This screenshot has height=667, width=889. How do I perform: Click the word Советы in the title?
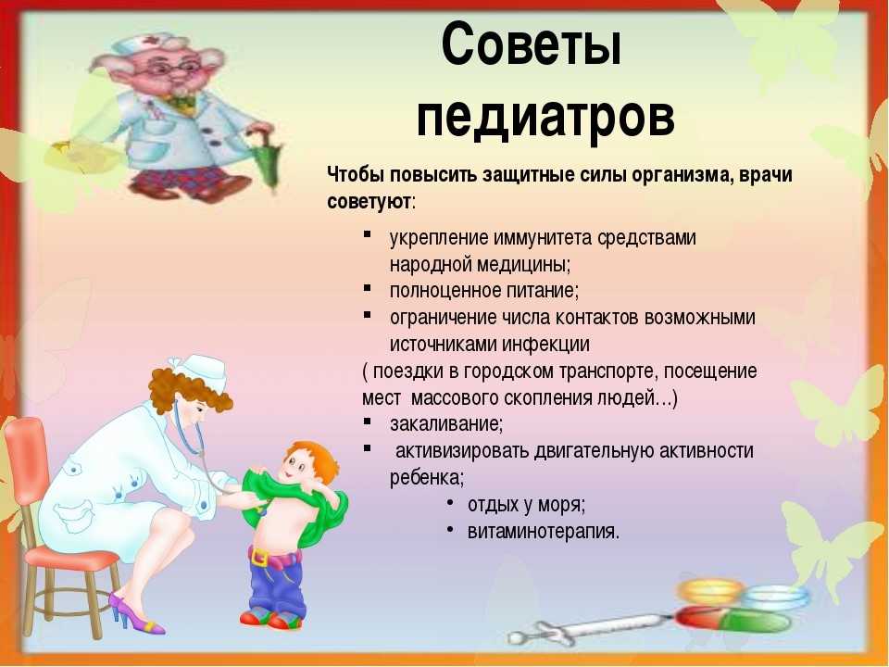pos(532,44)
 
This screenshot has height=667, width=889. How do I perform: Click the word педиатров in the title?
pos(545,117)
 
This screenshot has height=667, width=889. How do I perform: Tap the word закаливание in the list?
pos(445,424)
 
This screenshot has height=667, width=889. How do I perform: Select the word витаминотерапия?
pos(544,532)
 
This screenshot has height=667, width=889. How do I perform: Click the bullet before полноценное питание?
pos(368,287)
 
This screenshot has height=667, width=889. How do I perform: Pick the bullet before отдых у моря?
pos(450,502)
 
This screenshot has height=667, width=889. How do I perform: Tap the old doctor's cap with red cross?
pos(144,43)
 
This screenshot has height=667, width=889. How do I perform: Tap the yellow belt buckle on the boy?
pos(259,557)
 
